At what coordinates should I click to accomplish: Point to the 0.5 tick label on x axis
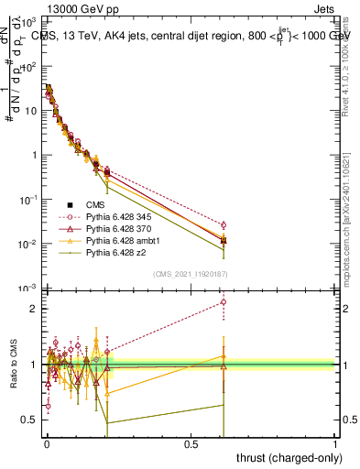pos(191,443)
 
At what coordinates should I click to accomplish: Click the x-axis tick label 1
pos(335,443)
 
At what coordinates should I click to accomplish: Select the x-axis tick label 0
pos(47,443)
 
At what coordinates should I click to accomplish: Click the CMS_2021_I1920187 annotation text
pos(190,274)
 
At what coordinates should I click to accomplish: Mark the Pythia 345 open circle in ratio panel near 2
pos(224,302)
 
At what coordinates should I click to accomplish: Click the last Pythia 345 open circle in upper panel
pos(224,224)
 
